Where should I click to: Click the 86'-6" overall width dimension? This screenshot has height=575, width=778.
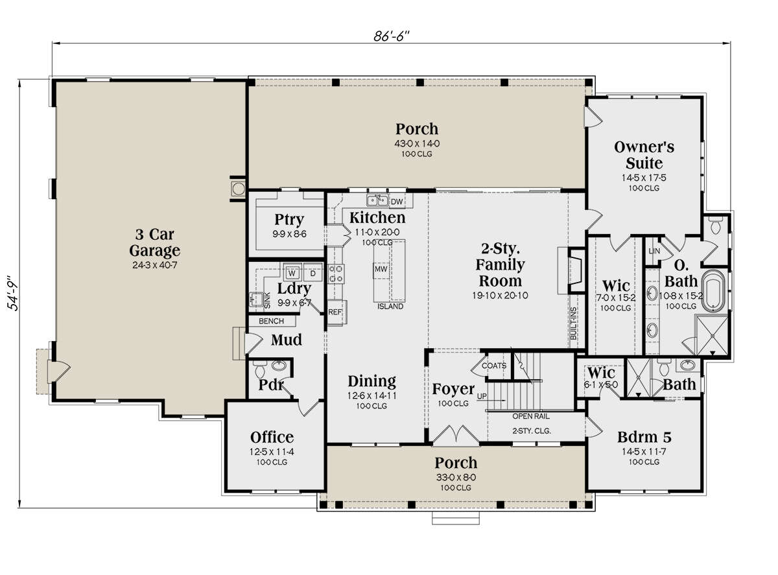pyautogui.click(x=391, y=36)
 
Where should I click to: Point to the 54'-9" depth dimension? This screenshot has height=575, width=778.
pyautogui.click(x=13, y=293)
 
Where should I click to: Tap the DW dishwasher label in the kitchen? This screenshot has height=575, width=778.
pyautogui.click(x=396, y=202)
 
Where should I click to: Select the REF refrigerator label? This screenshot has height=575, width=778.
pyautogui.click(x=335, y=312)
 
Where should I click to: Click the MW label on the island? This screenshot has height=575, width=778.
pyautogui.click(x=381, y=269)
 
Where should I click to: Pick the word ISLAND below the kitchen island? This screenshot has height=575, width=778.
pyautogui.click(x=390, y=306)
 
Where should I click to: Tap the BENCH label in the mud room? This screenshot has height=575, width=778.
pyautogui.click(x=271, y=321)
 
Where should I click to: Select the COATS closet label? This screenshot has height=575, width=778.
pyautogui.click(x=493, y=366)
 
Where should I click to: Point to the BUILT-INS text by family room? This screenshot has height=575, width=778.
pyautogui.click(x=573, y=323)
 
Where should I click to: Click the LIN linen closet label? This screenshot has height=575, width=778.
pyautogui.click(x=654, y=251)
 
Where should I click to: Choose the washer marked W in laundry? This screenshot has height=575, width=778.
pyautogui.click(x=292, y=272)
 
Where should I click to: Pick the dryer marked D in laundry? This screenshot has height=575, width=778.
pyautogui.click(x=312, y=272)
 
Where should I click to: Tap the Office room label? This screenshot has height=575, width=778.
pyautogui.click(x=272, y=437)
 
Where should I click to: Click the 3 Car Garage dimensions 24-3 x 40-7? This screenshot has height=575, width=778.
pyautogui.click(x=155, y=265)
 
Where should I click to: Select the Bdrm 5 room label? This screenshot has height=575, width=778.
pyautogui.click(x=644, y=437)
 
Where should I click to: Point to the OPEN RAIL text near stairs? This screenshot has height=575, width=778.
pyautogui.click(x=531, y=416)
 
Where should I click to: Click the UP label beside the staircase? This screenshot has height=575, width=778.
pyautogui.click(x=482, y=396)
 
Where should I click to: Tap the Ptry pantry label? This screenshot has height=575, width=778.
pyautogui.click(x=289, y=220)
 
